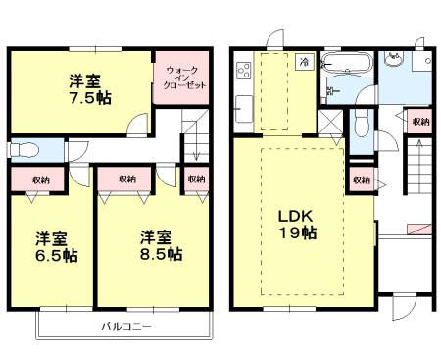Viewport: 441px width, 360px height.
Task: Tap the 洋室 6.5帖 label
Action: point(57,245)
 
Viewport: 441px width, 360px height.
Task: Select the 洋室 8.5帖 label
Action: point(160,245)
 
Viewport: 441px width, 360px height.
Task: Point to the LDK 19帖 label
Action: point(294,224)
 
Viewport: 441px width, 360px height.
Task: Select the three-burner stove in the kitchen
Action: point(243,71)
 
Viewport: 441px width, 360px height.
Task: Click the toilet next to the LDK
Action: point(361,125)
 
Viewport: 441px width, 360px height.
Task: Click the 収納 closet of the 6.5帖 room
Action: point(38,180)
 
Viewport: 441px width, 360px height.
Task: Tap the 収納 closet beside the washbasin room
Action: point(419,123)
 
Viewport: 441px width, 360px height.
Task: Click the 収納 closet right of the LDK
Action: point(361,180)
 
